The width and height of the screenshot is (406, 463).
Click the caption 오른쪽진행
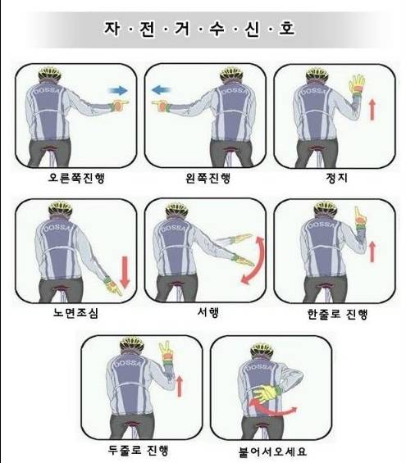pos(76,178)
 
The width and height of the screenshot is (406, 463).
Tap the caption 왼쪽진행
pos(208,178)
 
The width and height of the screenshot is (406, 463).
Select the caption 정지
pos(336,178)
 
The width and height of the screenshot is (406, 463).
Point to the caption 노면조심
pos(75,313)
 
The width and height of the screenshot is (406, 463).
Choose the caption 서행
pos(208,312)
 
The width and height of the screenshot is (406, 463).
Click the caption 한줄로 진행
pos(337,314)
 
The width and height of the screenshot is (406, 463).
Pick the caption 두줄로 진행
pos(138,451)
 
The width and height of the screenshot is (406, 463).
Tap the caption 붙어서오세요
pos(272,452)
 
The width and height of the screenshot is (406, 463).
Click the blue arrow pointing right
pos(118,90)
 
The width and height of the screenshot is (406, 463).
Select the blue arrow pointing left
pos(161,89)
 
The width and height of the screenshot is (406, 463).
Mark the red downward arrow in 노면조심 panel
pos(125,272)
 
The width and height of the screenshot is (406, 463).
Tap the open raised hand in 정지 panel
pos(357,84)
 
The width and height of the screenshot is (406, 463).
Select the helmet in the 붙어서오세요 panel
pos(262,350)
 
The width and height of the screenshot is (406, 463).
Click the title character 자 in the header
pos(112,29)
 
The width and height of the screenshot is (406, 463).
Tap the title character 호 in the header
pos(286,28)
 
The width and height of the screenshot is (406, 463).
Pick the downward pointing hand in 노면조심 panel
pos(112,287)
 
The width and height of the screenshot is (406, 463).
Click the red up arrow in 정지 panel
pos(372,109)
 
